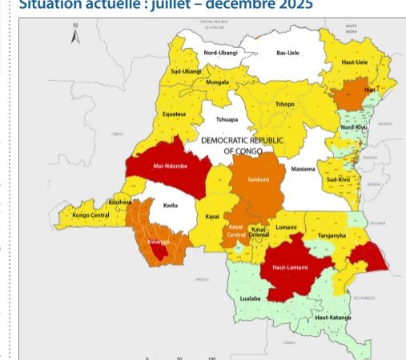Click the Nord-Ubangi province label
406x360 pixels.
tap(220, 53)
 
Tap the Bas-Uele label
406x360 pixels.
tap(287, 53)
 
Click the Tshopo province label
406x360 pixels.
tap(284, 104)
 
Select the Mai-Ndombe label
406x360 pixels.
tap(171, 167)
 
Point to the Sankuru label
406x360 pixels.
tap(259, 178)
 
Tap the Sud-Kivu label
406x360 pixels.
tap(341, 181)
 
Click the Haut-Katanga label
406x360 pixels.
tap(333, 318)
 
